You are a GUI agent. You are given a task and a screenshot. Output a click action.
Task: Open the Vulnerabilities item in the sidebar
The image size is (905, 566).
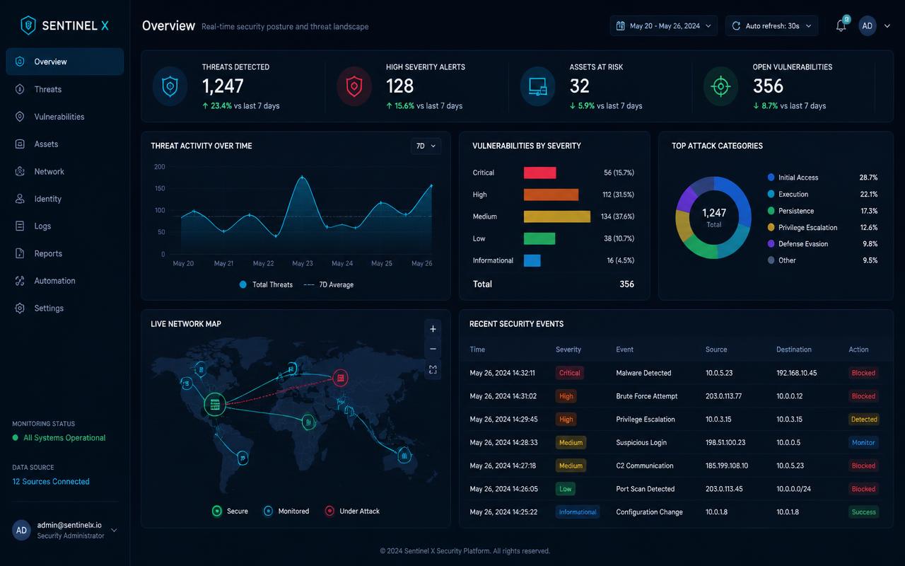(x=59, y=117)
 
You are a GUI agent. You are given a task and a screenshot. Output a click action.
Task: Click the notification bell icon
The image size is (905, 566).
(x=841, y=26)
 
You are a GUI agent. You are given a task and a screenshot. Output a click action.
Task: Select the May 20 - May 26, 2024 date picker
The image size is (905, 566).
(x=663, y=26)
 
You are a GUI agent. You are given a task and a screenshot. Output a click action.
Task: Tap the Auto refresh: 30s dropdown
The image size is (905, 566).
(x=771, y=26)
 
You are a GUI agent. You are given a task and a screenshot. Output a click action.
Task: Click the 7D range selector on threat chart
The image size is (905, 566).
(x=426, y=146)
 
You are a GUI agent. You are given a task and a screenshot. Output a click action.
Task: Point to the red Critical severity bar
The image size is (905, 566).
(x=539, y=173)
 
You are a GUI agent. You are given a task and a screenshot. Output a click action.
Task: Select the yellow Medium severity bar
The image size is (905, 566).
(x=556, y=216)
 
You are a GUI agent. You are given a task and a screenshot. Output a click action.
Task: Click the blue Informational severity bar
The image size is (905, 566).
(x=532, y=260)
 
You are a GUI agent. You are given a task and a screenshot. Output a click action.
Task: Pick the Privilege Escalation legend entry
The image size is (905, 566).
(x=807, y=228)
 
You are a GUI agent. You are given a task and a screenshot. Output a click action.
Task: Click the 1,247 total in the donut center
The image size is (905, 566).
(x=714, y=213)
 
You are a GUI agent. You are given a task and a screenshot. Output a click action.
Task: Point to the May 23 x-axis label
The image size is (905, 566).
(x=302, y=263)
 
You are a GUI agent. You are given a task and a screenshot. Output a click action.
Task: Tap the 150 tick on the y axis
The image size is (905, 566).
(x=160, y=188)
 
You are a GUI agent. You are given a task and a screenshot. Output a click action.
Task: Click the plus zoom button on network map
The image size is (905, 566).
(x=433, y=329)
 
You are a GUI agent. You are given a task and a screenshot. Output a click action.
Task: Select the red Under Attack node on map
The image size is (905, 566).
(x=340, y=378)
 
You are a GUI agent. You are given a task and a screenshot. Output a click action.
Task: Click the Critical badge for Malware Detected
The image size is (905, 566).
(x=569, y=373)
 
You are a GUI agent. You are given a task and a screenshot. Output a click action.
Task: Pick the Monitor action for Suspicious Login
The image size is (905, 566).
(x=863, y=442)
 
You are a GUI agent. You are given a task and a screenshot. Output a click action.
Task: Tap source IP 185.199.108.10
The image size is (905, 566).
(x=726, y=466)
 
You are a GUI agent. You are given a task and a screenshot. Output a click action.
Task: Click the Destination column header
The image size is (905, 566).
(x=793, y=350)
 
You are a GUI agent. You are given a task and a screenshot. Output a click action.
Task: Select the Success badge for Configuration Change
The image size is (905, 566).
(x=863, y=512)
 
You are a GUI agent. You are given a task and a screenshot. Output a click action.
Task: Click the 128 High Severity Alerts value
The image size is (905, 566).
(x=399, y=86)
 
